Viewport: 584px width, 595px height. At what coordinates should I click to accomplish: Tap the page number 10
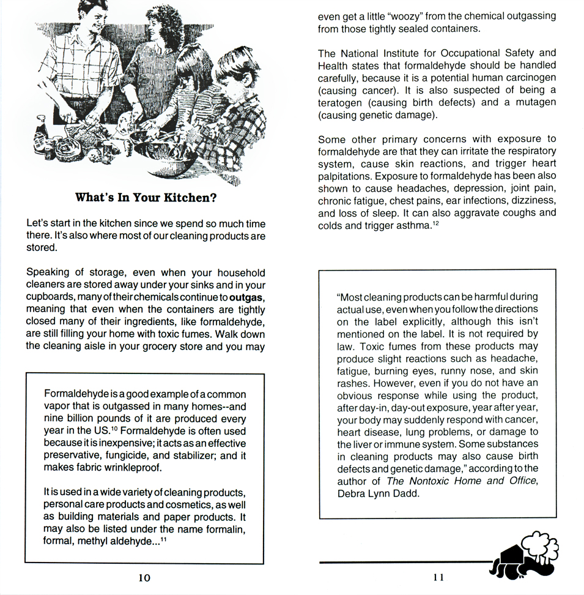pos(144,577)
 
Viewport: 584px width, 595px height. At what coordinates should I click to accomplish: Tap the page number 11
pos(438,577)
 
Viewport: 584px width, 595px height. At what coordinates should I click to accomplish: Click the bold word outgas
pos(247,297)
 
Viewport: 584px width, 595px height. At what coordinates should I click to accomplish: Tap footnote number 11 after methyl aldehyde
pos(164,538)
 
